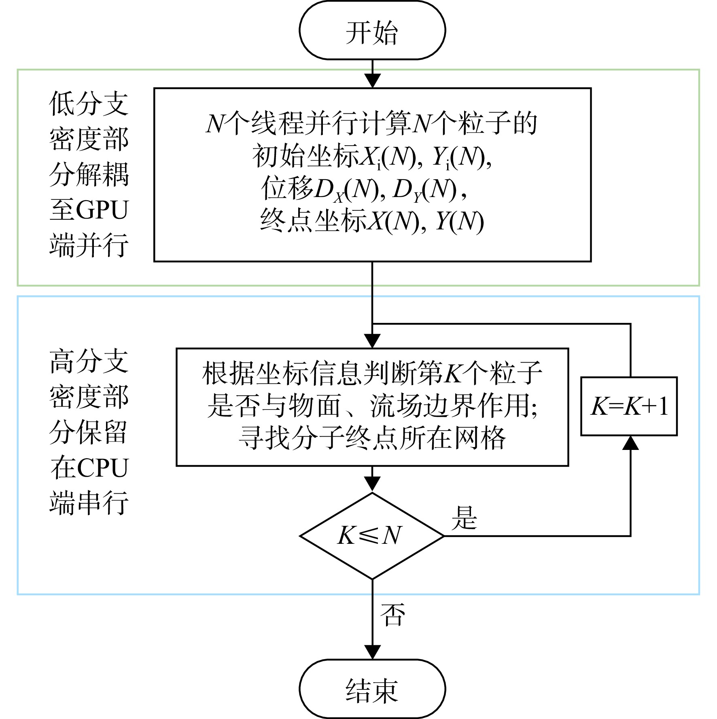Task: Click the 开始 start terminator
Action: (372, 30)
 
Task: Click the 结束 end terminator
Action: (372, 689)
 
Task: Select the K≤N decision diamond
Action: (372, 536)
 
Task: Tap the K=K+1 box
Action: (629, 406)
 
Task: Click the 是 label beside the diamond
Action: (465, 517)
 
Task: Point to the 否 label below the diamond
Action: (392, 615)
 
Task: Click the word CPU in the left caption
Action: (103, 468)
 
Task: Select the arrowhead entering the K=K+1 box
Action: (630, 443)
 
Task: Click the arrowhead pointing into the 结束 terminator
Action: (372, 652)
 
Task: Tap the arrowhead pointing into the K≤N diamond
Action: (372, 485)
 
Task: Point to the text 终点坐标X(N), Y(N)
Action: (372, 221)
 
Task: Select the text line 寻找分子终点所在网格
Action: (372, 438)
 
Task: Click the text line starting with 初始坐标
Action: (372, 157)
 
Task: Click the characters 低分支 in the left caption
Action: (89, 103)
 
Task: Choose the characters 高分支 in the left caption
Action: (89, 361)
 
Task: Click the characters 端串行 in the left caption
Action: (89, 503)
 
